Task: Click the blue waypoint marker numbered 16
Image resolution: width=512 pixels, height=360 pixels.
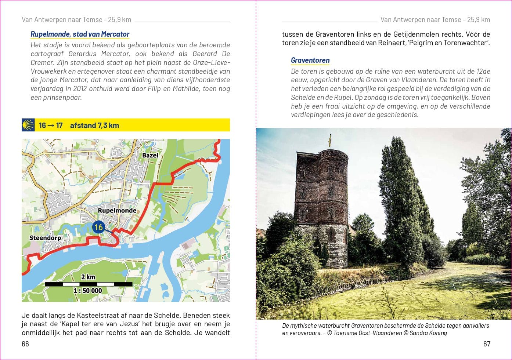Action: point(98,227)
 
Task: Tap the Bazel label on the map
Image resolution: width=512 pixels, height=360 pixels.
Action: point(150,155)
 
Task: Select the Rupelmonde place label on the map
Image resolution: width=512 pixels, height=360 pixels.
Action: point(117,211)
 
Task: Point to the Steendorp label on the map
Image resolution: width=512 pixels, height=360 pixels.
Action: point(45,238)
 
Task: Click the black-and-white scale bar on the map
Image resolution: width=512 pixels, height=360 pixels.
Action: point(89,284)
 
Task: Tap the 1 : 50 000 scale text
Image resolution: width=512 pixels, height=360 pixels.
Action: point(88,291)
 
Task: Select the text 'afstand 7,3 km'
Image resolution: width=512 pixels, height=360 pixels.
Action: point(94,126)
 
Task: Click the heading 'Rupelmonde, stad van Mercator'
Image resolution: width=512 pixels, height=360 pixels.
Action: point(80,34)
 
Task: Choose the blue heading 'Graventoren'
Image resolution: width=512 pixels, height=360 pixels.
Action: point(310,60)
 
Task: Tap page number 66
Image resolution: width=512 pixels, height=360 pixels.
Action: point(25,344)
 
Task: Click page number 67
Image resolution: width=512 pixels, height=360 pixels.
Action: point(487,344)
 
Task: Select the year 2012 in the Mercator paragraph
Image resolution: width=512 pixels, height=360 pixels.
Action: point(80,88)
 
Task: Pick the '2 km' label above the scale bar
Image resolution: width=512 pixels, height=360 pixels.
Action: point(88,277)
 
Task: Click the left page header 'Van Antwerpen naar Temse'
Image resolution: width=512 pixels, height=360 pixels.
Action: point(62,20)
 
